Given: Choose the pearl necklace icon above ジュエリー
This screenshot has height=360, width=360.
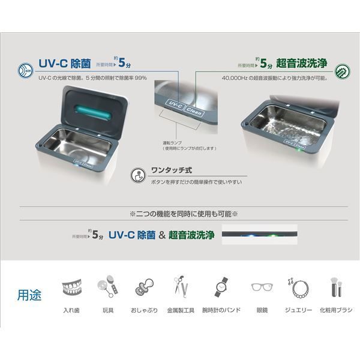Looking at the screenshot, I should point(296,287).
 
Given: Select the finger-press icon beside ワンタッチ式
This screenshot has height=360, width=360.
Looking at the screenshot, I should point(137,175).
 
